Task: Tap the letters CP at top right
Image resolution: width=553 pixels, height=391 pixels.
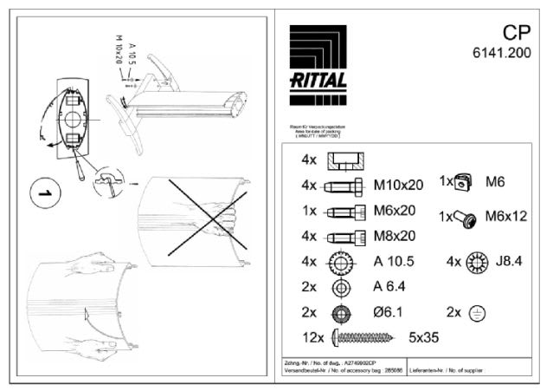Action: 516,32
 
